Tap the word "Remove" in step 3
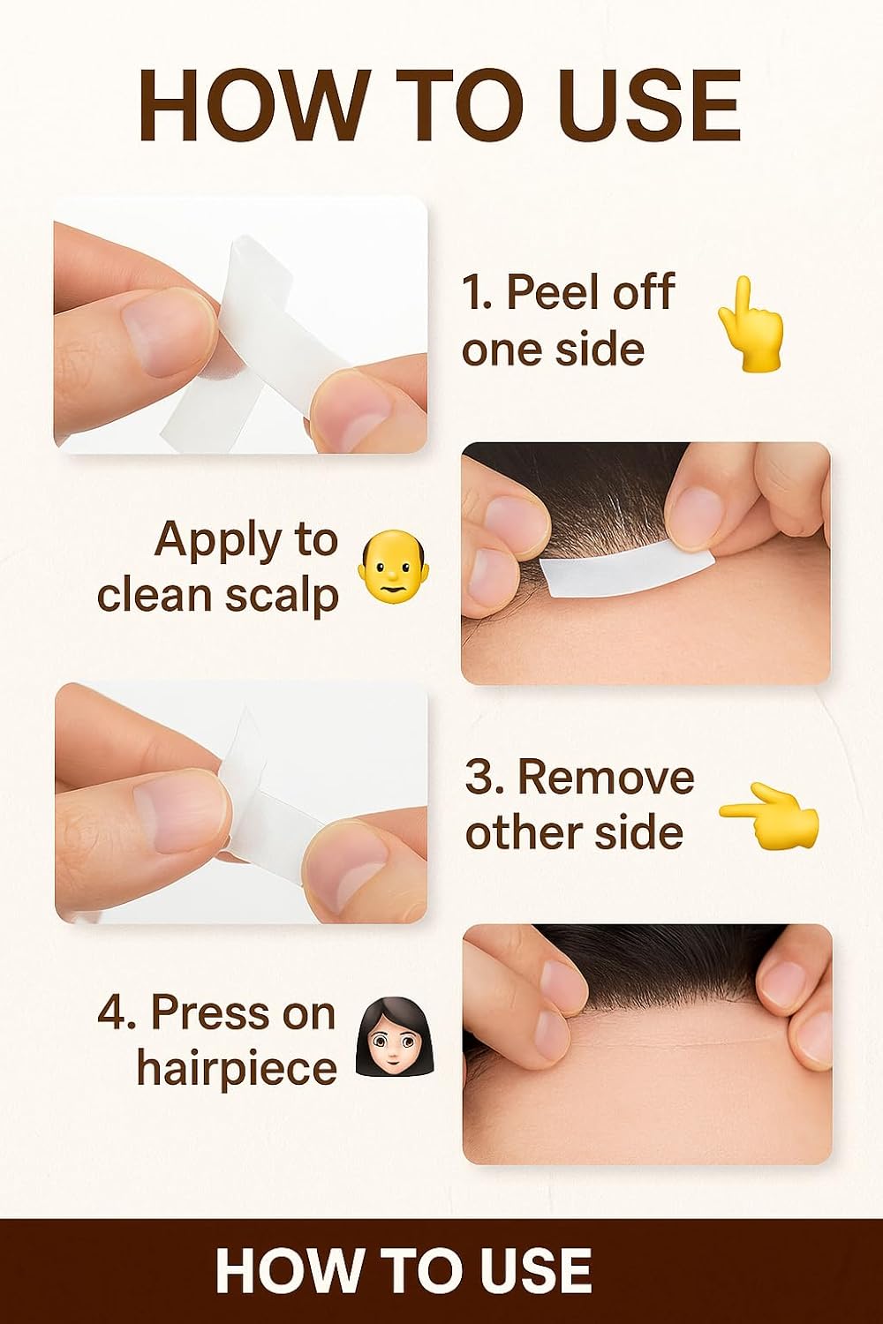coord(606,778)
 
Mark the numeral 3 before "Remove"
coord(478,779)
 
